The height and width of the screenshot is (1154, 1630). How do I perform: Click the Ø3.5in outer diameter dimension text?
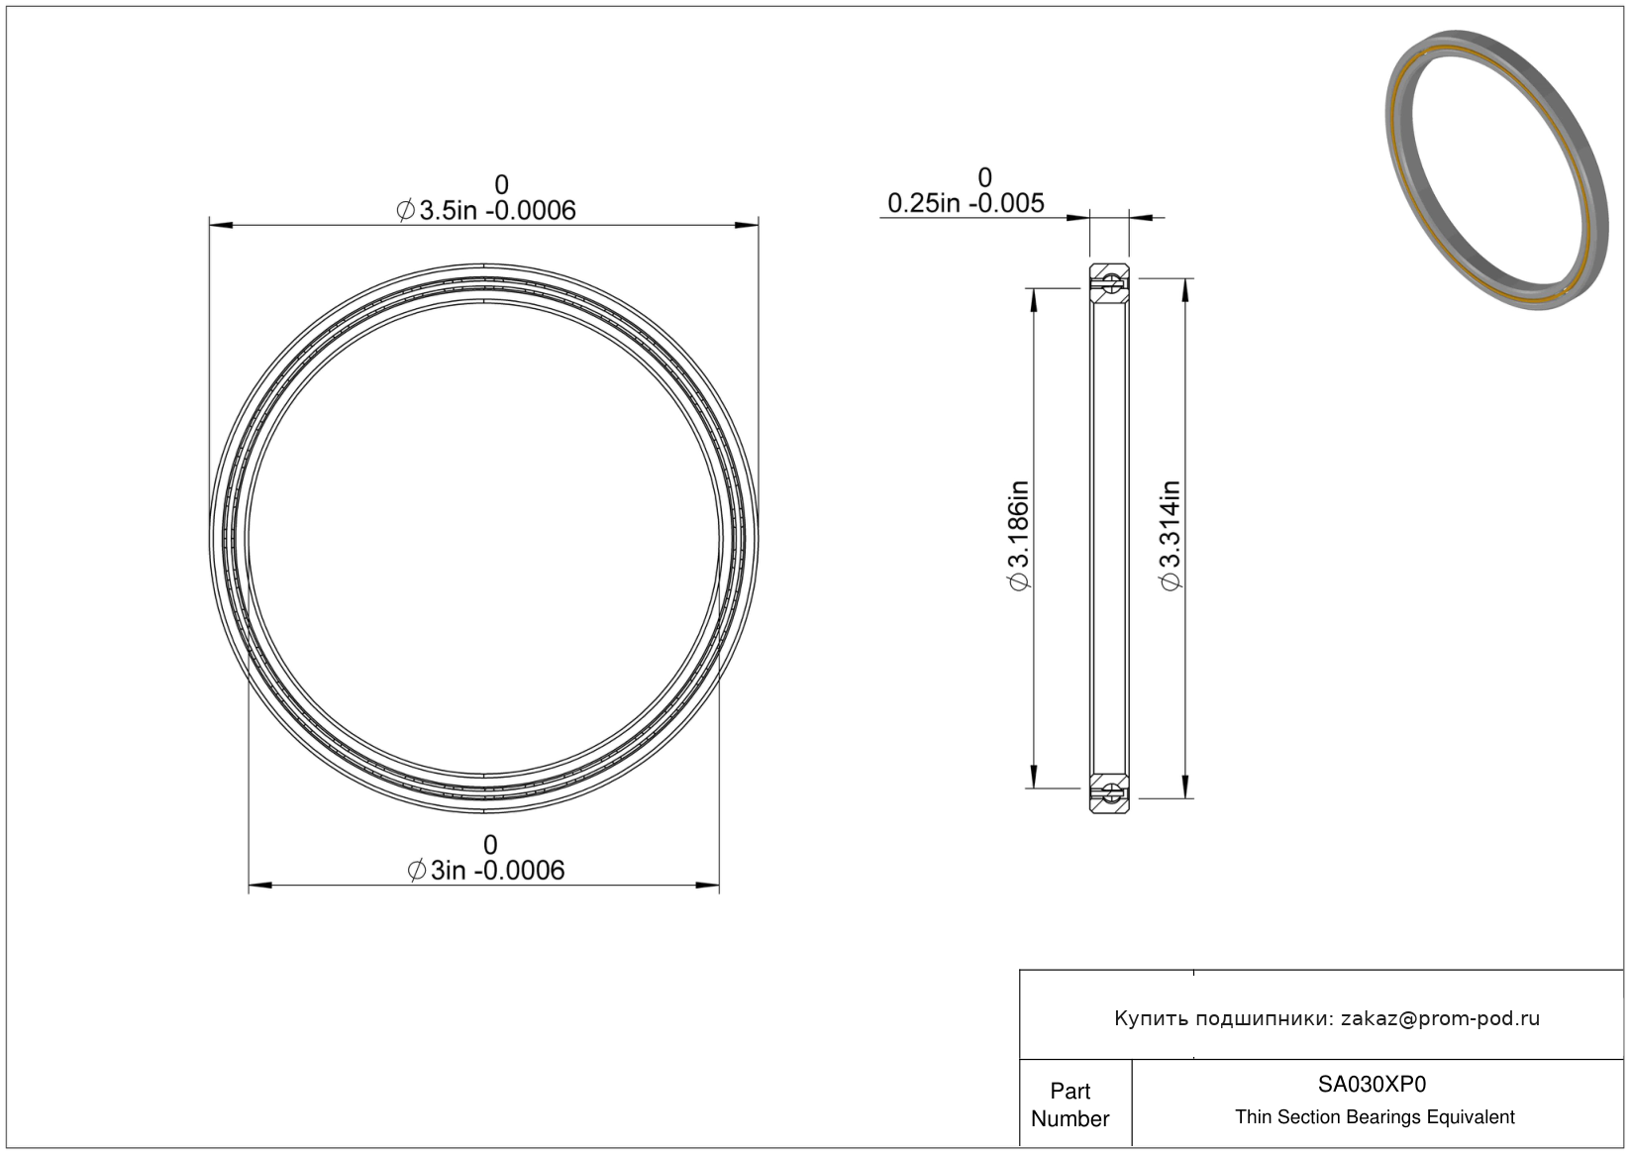point(486,210)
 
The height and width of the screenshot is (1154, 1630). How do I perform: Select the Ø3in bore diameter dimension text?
point(486,870)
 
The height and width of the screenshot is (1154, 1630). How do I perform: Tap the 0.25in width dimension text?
point(966,203)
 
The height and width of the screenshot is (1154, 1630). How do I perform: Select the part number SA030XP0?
point(1372,1084)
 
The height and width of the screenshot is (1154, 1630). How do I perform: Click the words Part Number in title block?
point(1070,1104)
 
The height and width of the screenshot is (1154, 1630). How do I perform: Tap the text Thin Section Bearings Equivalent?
point(1375,1117)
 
